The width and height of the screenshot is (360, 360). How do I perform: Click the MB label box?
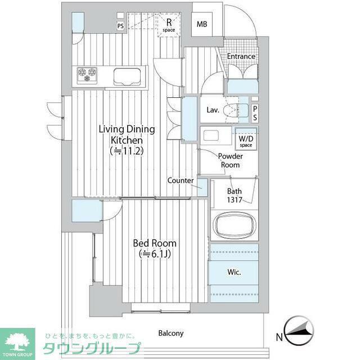click(x=202, y=24)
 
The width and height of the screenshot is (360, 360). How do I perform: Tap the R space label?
click(x=169, y=25)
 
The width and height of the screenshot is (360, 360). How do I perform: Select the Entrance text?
click(x=241, y=56)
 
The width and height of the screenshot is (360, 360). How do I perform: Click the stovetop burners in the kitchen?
click(x=87, y=75)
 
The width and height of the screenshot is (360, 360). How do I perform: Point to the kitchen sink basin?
click(x=127, y=76)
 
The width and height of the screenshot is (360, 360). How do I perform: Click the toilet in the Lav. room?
click(x=236, y=110)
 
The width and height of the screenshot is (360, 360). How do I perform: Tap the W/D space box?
click(x=246, y=139)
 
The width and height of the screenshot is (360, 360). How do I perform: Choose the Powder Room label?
click(x=230, y=160)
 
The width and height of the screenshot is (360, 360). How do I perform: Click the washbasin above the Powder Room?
click(x=211, y=135)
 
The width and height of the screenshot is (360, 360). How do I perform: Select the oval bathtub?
click(x=234, y=225)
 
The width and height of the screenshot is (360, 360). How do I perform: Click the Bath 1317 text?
click(x=235, y=195)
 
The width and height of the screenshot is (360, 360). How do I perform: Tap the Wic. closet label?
click(x=234, y=272)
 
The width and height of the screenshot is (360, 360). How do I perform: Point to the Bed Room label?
click(x=155, y=249)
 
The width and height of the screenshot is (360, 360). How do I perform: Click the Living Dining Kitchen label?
click(x=127, y=140)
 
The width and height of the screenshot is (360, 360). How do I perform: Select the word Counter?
click(x=181, y=181)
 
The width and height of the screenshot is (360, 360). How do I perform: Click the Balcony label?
click(x=171, y=334)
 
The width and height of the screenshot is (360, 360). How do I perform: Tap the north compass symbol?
click(x=299, y=331)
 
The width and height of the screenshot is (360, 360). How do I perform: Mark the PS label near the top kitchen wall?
click(x=120, y=26)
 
